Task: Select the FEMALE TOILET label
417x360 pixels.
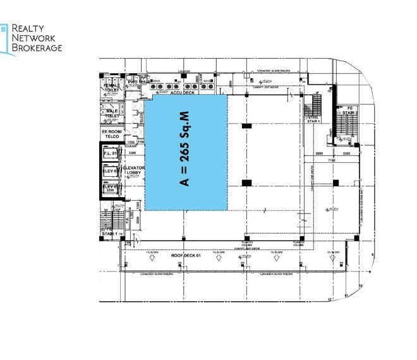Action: [112, 88]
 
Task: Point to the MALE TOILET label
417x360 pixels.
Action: [112, 114]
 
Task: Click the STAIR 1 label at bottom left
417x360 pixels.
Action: [111, 234]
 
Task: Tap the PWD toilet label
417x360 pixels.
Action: [133, 81]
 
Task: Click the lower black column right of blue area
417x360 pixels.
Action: [246, 183]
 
